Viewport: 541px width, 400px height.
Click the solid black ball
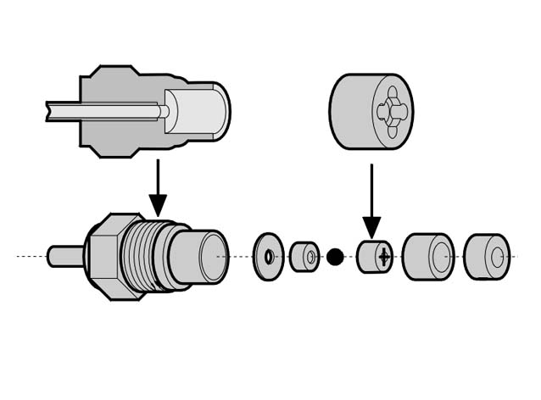click(335, 256)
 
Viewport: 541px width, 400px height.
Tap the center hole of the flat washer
click(269, 256)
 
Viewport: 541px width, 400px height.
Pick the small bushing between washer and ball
click(304, 256)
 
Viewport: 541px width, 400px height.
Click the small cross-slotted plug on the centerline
click(372, 256)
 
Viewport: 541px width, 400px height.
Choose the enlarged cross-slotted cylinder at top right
click(370, 111)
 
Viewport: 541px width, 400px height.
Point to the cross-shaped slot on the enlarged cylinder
click(393, 111)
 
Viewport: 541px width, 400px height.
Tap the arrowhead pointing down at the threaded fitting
click(158, 204)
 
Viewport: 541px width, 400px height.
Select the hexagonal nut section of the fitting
click(104, 255)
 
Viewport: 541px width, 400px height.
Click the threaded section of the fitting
click(144, 255)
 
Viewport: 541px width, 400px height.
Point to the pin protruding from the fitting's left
click(64, 255)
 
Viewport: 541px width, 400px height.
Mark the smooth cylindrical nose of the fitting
click(199, 256)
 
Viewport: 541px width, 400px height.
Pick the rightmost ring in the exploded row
click(488, 256)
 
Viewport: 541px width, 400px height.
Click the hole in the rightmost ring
click(497, 256)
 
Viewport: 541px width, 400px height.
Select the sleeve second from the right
click(428, 256)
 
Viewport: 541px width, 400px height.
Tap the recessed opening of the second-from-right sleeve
click(439, 256)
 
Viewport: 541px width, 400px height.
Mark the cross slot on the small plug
click(385, 256)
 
